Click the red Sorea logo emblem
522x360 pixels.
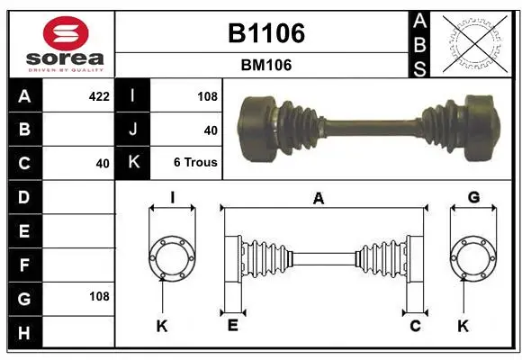(x=66, y=33)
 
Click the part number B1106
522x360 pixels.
(x=266, y=33)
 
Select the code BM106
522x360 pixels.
(x=266, y=65)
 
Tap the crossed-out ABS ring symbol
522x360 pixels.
(x=474, y=44)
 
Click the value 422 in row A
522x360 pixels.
(x=99, y=96)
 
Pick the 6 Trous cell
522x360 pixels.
(x=195, y=162)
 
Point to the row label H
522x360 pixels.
(x=24, y=333)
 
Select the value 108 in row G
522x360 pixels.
(x=99, y=296)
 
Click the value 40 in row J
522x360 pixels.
(x=211, y=130)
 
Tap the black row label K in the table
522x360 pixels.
(x=133, y=162)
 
